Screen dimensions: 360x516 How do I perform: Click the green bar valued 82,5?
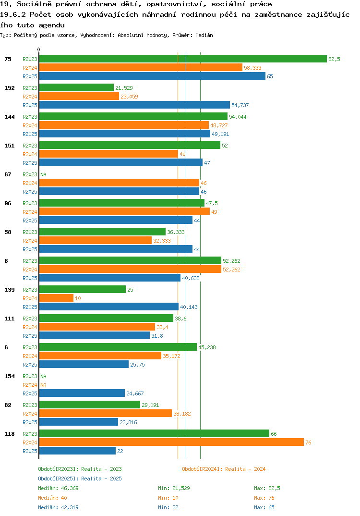(183, 59)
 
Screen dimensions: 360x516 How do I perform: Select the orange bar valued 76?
(171, 442)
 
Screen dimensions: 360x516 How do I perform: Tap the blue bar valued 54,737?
(134, 105)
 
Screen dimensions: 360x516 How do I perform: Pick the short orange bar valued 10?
(56, 298)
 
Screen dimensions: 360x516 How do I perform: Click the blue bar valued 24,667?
(82, 393)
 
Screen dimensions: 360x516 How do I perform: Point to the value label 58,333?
(252, 68)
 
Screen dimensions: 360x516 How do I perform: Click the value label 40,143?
(189, 307)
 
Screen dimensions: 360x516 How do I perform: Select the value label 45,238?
(207, 347)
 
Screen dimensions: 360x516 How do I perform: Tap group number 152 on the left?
(10, 88)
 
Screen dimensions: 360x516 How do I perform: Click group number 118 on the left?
(10, 434)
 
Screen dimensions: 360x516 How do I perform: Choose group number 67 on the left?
(8, 174)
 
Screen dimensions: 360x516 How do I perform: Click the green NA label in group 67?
(43, 174)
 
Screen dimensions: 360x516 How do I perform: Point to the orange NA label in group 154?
(43, 385)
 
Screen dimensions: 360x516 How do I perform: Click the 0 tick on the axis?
(39, 49)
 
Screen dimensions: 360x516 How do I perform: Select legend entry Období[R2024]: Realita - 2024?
(224, 469)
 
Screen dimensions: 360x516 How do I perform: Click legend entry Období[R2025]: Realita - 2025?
(80, 479)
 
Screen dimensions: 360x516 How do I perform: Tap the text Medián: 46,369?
(58, 488)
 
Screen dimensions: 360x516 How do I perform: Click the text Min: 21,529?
(174, 488)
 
